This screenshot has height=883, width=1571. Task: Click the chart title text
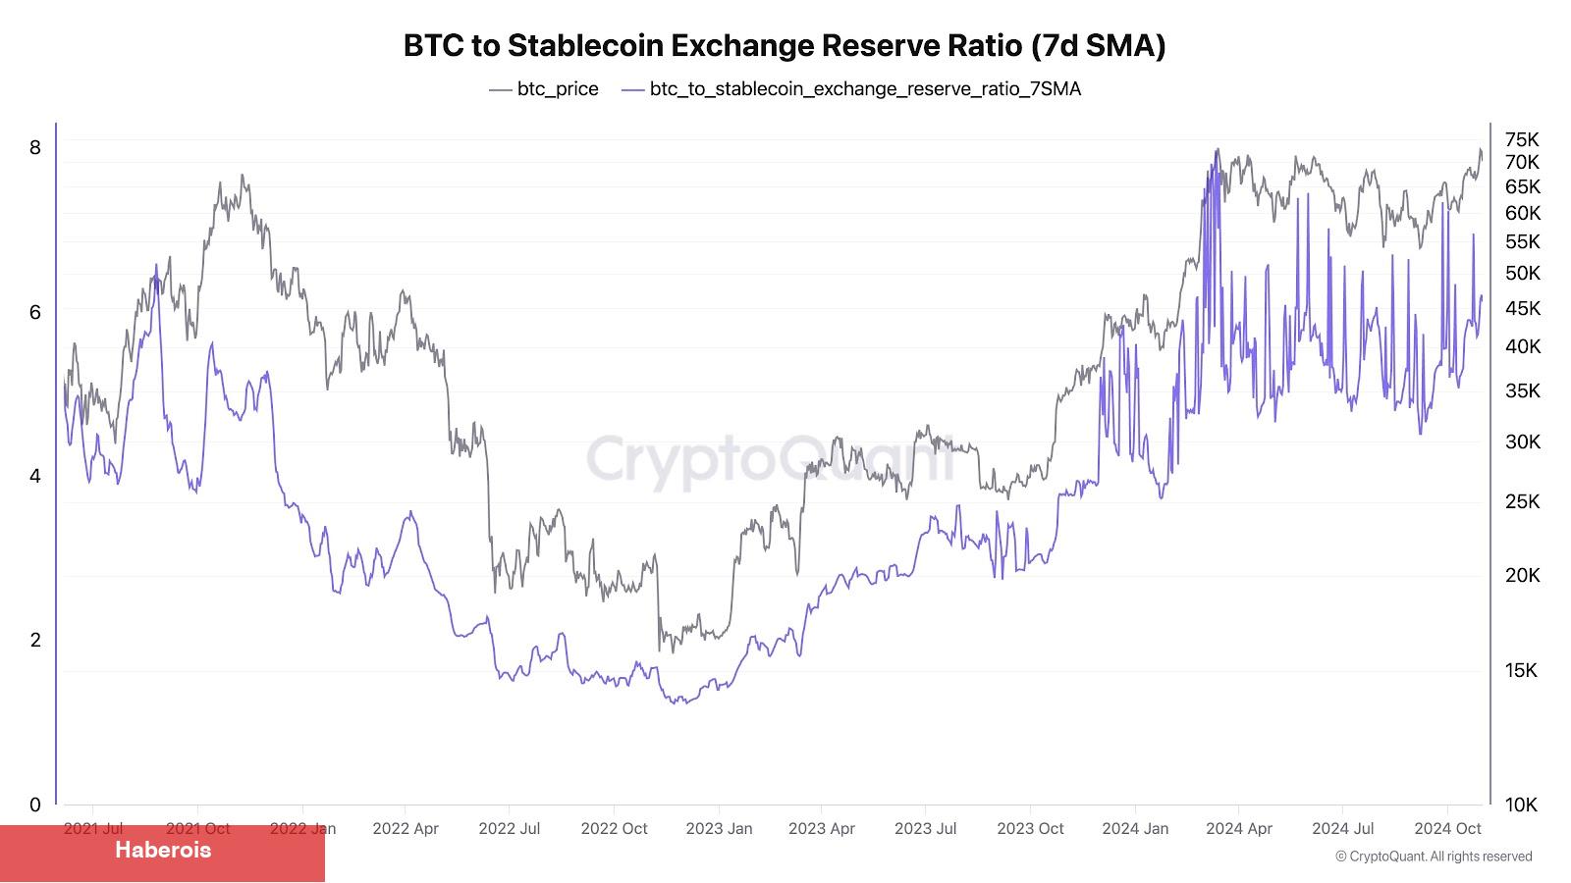tap(785, 46)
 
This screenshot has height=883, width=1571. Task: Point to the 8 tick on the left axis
tap(35, 147)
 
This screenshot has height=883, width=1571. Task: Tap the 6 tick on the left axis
tap(35, 312)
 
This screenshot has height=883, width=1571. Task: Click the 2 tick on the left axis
tap(35, 640)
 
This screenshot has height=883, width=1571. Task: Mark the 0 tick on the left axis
tap(35, 805)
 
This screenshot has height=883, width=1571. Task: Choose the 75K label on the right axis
tap(1522, 139)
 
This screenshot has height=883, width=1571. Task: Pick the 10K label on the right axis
tap(1522, 805)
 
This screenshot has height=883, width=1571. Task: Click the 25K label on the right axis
tap(1522, 501)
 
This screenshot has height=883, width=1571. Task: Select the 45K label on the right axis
tap(1522, 309)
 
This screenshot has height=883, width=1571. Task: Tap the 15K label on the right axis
tap(1522, 670)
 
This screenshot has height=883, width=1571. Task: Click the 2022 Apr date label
tap(406, 829)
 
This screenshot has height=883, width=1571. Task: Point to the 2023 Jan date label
tap(719, 829)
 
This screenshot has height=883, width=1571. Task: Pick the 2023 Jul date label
tap(925, 829)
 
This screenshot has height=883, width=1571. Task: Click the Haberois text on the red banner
tap(163, 850)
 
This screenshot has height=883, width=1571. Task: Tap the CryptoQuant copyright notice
tap(1434, 857)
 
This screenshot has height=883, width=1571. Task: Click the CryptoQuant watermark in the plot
tap(771, 460)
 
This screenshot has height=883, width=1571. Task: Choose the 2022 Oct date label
tap(614, 829)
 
